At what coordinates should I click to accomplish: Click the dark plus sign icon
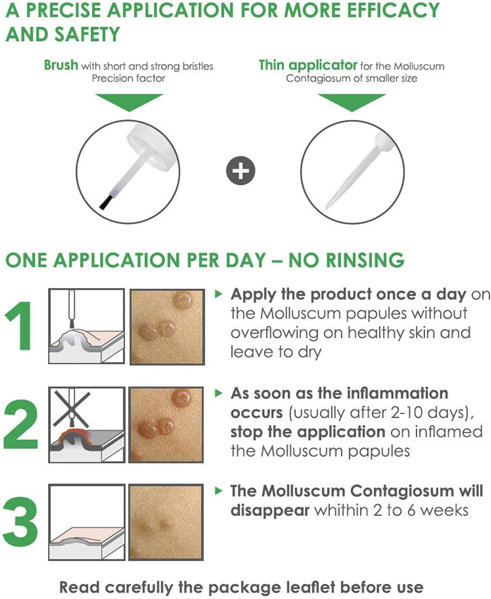tap(240, 171)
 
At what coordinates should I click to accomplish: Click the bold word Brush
tap(61, 65)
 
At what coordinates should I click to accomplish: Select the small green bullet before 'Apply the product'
tap(218, 294)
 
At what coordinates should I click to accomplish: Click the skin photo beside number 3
tap(166, 522)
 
